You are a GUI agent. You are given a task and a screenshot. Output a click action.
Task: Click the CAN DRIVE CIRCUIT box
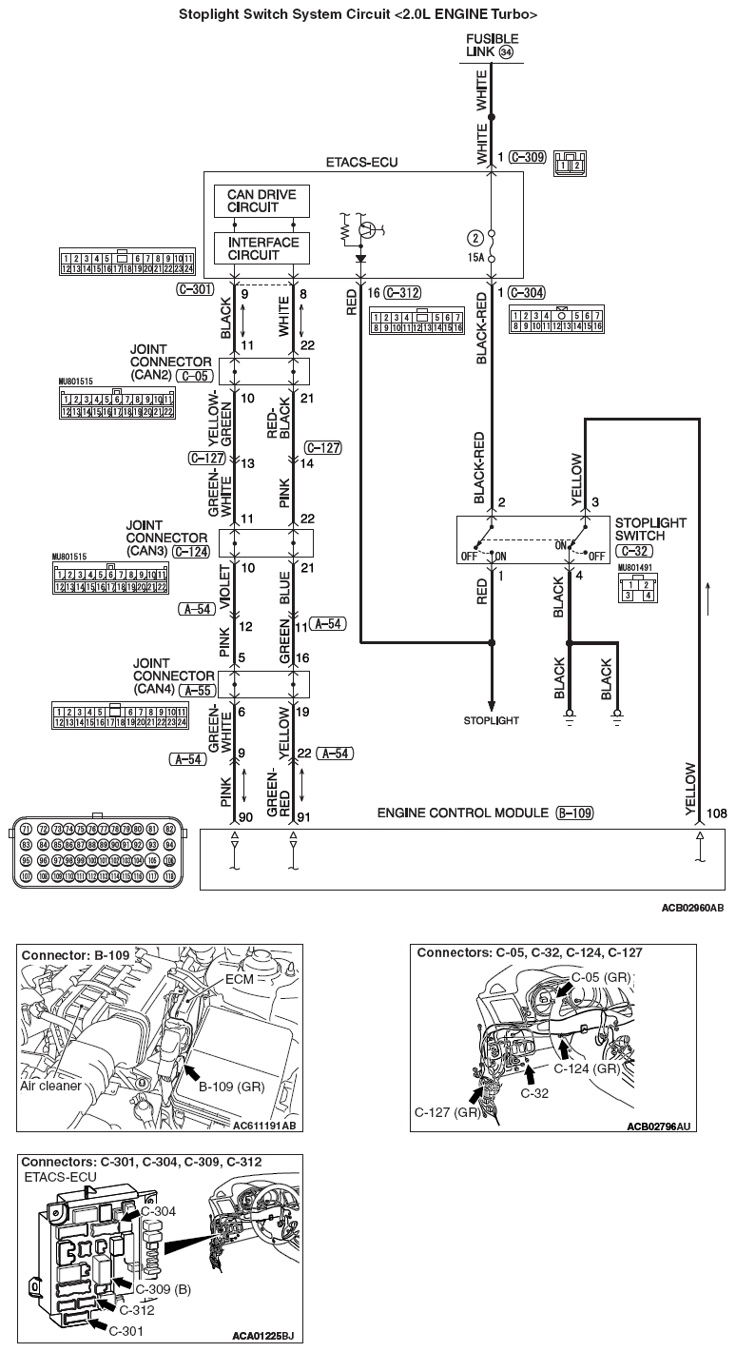[x=261, y=202]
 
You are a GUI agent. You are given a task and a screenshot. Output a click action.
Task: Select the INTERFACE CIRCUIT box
[x=261, y=248]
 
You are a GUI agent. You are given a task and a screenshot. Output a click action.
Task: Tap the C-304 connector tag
[x=528, y=293]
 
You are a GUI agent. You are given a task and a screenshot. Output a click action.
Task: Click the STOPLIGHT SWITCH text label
[x=650, y=530]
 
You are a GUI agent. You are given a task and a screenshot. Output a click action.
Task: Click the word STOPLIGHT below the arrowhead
[x=491, y=720]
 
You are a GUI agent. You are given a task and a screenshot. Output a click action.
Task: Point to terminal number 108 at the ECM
[x=718, y=814]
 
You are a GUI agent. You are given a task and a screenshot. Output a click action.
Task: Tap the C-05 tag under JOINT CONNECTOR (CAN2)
[x=194, y=376]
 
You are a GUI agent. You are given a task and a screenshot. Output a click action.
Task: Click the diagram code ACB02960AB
[x=692, y=908]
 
